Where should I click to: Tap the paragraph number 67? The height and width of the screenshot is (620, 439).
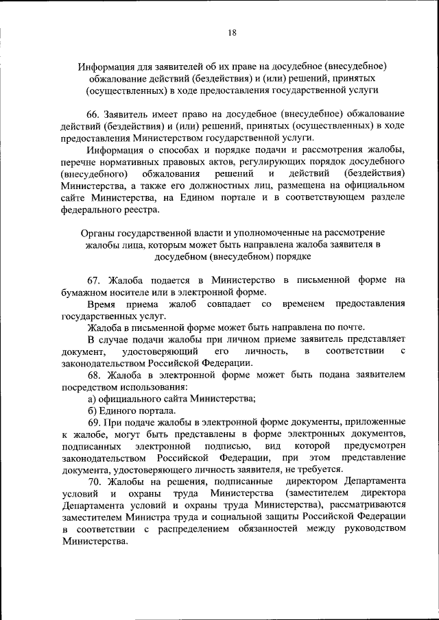(x=95, y=280)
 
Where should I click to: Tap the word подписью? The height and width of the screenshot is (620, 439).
(x=224, y=446)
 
